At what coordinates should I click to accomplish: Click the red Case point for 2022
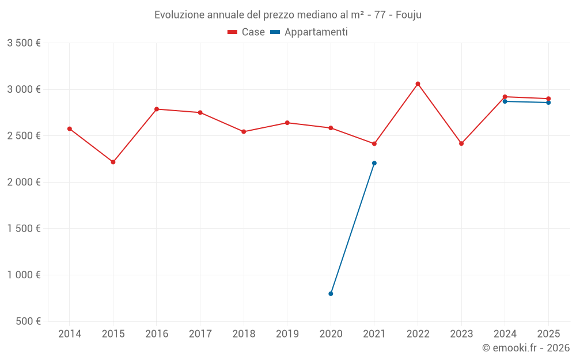click(418, 84)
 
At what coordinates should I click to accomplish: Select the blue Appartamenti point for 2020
click(331, 294)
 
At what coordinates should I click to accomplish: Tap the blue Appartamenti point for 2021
click(374, 163)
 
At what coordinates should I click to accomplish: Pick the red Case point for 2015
click(113, 162)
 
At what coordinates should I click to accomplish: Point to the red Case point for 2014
click(70, 129)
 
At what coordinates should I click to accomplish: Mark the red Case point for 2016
click(157, 109)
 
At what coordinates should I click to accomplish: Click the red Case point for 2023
click(461, 143)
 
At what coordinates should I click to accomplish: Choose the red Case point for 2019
click(287, 123)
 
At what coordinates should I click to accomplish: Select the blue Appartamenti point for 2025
click(548, 103)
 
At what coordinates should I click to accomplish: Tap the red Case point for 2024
click(505, 97)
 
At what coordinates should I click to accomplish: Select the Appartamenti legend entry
click(309, 32)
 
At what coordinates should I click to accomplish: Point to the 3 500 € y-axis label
click(24, 43)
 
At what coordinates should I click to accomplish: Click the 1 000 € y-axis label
click(24, 275)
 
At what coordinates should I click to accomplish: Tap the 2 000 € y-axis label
click(24, 182)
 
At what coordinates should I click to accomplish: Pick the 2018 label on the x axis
click(244, 334)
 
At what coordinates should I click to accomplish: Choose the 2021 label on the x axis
click(374, 334)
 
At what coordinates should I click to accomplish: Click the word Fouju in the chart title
click(408, 15)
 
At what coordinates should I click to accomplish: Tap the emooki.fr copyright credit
click(525, 348)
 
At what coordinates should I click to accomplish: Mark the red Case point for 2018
click(244, 132)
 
